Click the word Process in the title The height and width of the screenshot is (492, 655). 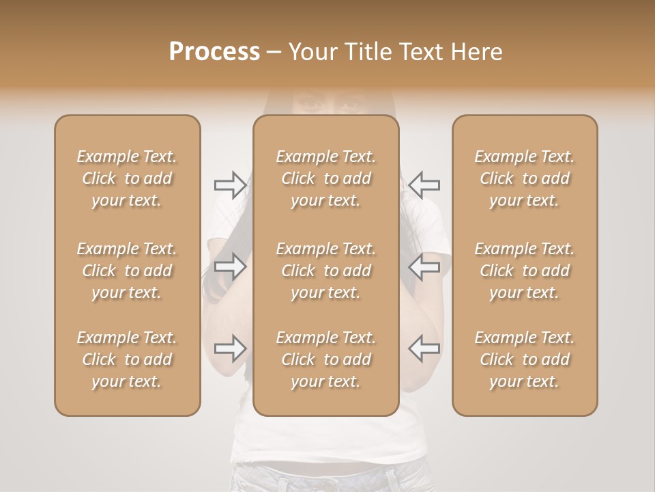pos(214,52)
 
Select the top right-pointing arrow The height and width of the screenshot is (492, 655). pos(231,185)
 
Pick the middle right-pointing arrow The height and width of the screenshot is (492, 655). pos(231,266)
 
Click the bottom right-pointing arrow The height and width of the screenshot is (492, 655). pos(231,348)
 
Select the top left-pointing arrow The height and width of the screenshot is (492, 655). pos(424,185)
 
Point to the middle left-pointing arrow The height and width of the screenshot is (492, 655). pos(424,266)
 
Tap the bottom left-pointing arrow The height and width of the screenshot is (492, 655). pos(424,348)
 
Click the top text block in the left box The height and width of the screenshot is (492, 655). pos(127,178)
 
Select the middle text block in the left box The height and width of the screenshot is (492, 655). pos(127,271)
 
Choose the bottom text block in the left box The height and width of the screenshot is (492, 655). pos(127,359)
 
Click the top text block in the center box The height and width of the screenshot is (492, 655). pos(326,178)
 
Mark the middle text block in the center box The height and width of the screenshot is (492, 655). pos(326,271)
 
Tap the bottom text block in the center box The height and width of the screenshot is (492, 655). pos(326,359)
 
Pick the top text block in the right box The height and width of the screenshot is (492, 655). pos(525,178)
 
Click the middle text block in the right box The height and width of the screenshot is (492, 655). pos(525,271)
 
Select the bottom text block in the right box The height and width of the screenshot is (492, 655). pos(525,359)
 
